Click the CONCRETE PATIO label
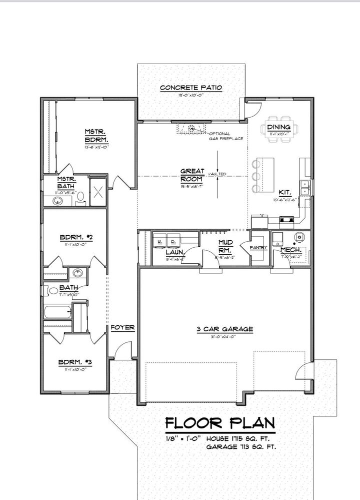(190, 88)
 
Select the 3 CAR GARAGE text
(224, 329)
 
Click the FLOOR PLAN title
(220, 423)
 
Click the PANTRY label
(259, 248)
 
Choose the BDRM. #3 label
(74, 362)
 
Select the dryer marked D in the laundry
(173, 241)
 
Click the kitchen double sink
(304, 188)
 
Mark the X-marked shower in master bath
(98, 191)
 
